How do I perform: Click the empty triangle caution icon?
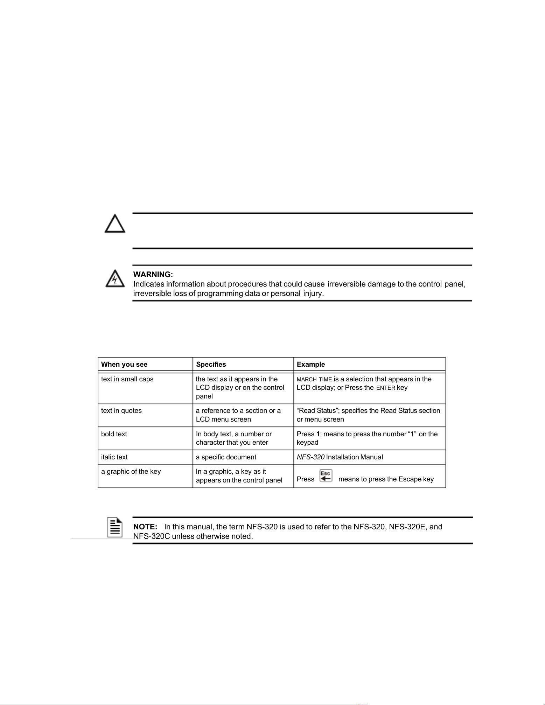pos(115,224)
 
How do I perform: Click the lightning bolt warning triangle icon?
pos(115,279)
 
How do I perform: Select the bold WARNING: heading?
pos(153,275)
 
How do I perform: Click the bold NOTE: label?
pos(145,527)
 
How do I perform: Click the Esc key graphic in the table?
pos(326,476)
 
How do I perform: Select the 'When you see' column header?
pos(124,364)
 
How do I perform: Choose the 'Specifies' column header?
pos(211,364)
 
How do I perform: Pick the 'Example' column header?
pos(311,364)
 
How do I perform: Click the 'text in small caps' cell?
pos(127,379)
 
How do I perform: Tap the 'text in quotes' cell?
pos(121,411)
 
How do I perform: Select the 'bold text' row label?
pos(114,434)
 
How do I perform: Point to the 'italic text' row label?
pos(114,457)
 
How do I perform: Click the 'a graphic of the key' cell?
pos(131,472)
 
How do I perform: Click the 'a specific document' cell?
pos(226,457)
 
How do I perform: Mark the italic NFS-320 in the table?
pos(310,457)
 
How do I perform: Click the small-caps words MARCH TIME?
pos(314,380)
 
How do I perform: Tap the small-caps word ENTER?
pos(386,388)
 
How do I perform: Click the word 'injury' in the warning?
pos(313,294)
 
